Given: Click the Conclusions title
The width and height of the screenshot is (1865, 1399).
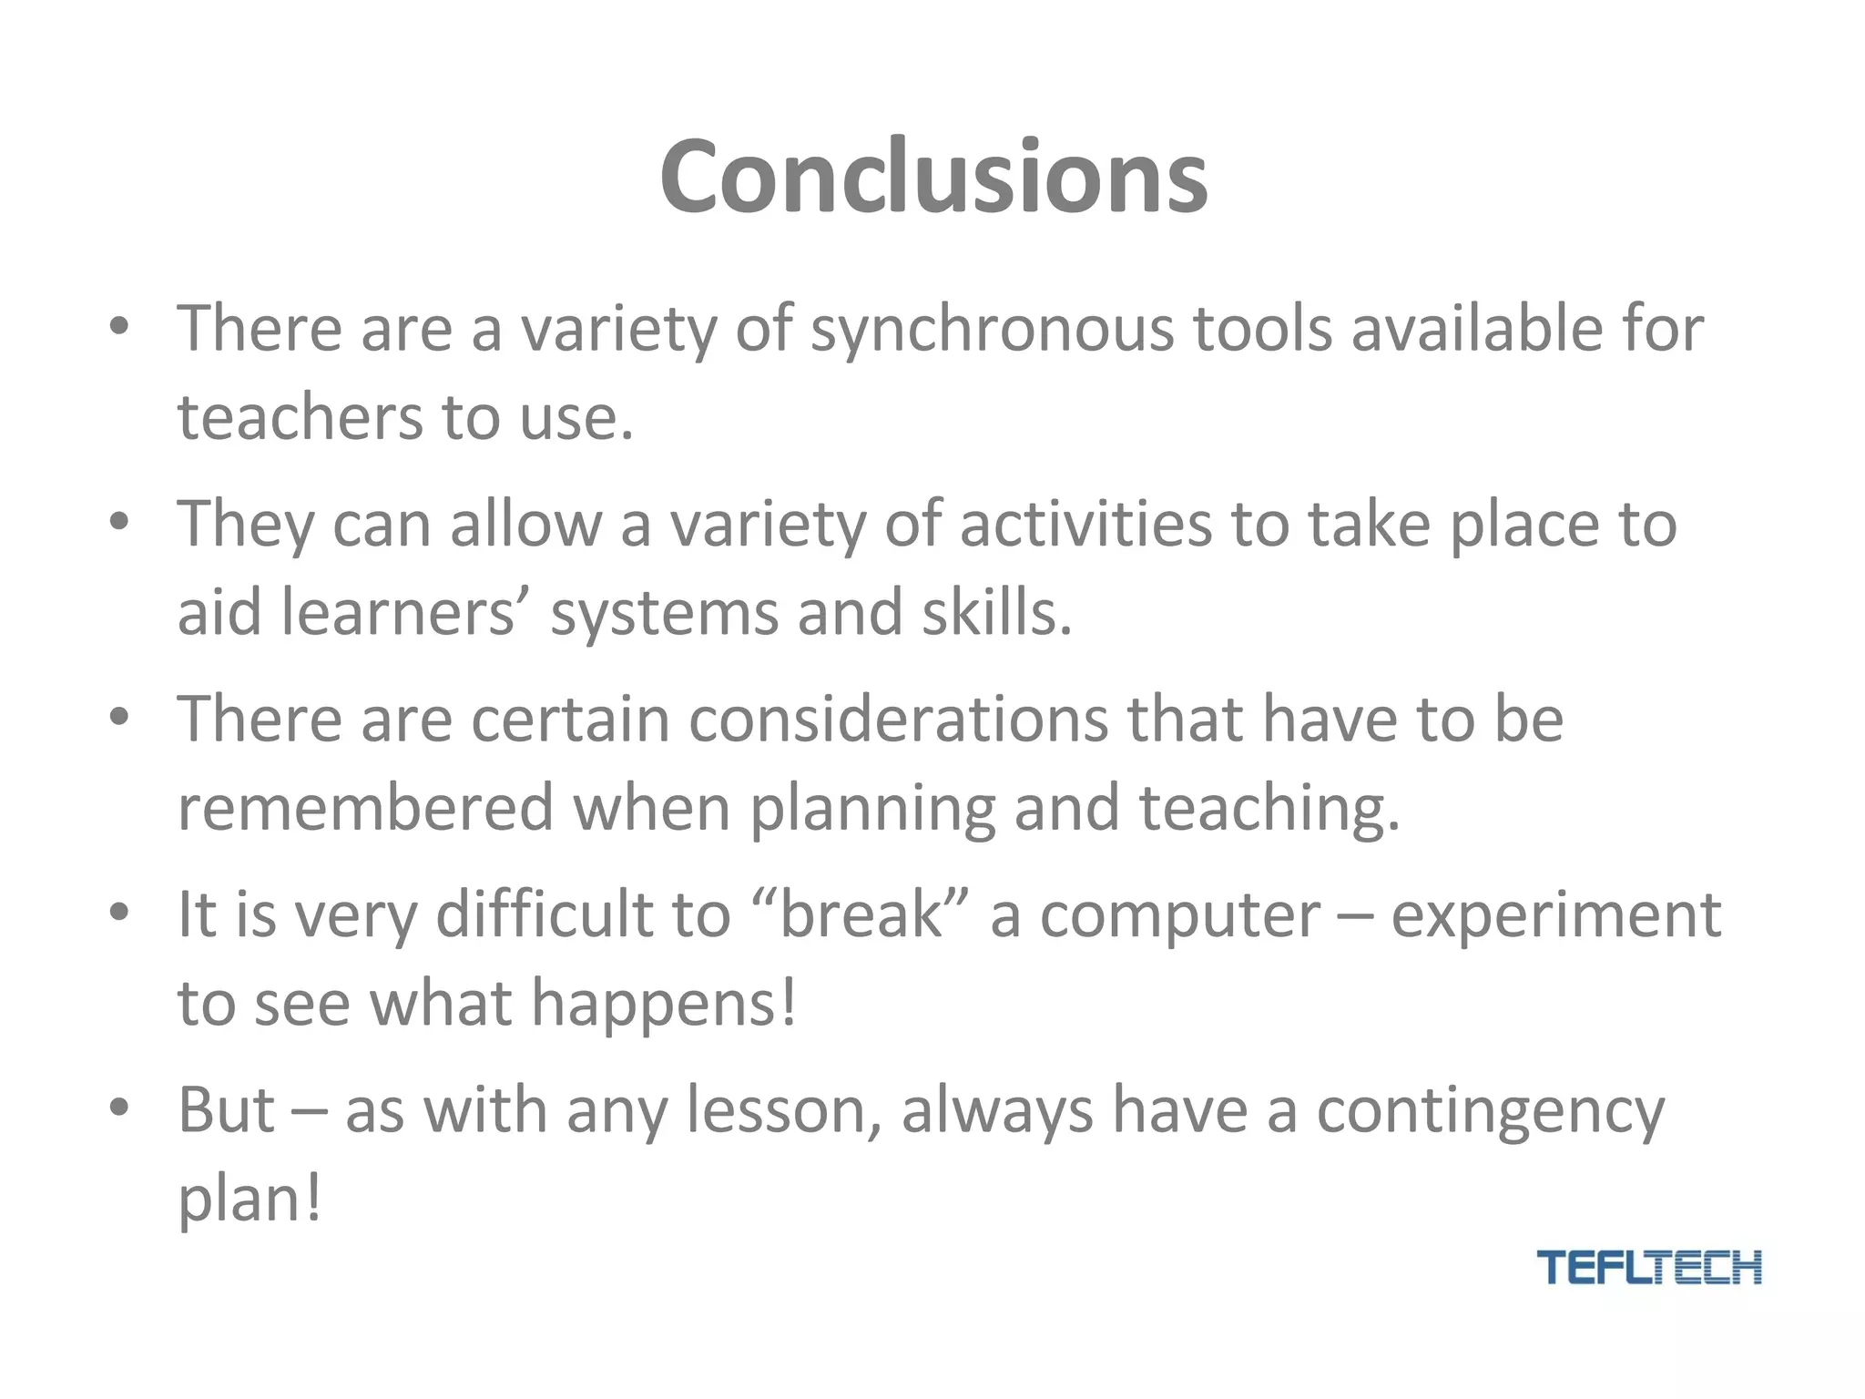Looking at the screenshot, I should [933, 177].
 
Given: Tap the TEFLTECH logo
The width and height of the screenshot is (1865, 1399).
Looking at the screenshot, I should [1648, 1267].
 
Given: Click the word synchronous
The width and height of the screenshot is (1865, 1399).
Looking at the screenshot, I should [993, 330].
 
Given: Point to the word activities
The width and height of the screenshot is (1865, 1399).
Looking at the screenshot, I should [1085, 525].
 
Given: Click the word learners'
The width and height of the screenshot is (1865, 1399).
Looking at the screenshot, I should [399, 612].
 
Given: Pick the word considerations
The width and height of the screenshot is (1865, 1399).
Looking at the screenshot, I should [898, 720].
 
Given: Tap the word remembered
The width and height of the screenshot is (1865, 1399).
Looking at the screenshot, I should [365, 808].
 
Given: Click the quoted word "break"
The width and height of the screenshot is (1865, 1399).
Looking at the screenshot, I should [861, 914].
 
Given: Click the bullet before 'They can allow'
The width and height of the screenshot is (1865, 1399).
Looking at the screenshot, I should [118, 524].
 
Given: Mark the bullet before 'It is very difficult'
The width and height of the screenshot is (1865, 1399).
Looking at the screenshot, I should [118, 913].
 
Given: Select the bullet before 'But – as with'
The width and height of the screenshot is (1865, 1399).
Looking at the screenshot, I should [118, 1108].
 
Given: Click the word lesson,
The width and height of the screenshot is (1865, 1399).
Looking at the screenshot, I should [783, 1111].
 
